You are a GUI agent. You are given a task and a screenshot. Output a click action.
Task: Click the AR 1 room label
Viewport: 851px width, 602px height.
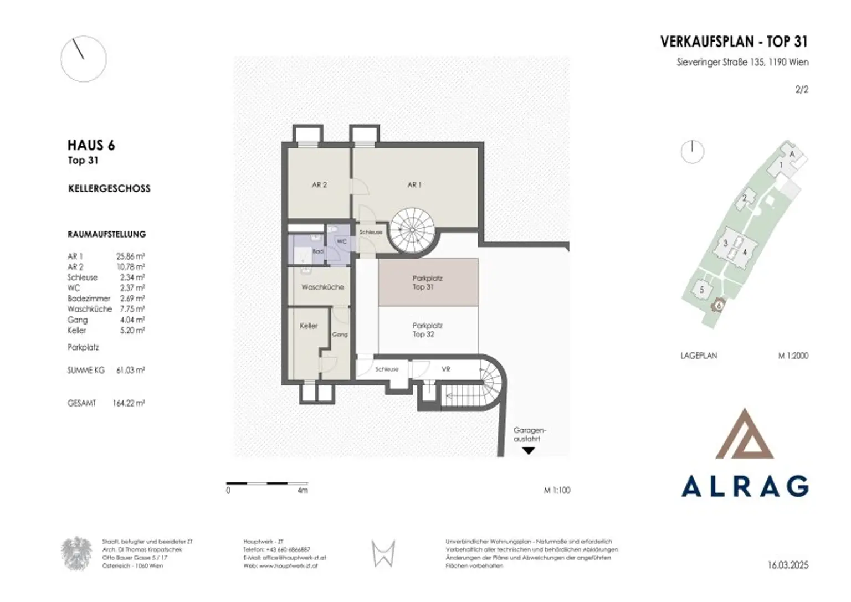[414, 185]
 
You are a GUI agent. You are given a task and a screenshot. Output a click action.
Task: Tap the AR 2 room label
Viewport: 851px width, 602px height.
[319, 185]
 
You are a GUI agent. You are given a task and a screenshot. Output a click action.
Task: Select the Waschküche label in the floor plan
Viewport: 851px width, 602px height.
[322, 287]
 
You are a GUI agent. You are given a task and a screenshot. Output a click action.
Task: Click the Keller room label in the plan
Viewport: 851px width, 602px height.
[309, 326]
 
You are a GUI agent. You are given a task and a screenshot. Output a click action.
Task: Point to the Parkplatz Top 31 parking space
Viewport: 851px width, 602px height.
[428, 282]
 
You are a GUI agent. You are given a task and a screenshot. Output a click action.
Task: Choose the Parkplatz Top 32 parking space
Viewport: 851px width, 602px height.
[428, 330]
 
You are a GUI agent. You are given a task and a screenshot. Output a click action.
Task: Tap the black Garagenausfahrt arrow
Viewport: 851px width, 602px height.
[529, 451]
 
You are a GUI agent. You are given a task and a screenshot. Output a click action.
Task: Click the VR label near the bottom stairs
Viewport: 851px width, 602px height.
[445, 369]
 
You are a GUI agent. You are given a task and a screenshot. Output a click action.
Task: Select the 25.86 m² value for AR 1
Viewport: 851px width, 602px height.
[131, 256]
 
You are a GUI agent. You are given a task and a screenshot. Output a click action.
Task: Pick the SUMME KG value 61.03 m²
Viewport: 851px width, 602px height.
[131, 370]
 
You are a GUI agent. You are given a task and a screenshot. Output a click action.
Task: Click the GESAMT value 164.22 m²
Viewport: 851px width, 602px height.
[129, 403]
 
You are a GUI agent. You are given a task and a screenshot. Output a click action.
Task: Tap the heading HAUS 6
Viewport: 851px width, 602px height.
[91, 145]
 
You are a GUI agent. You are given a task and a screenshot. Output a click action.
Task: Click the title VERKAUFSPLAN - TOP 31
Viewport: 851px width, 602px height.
[734, 42]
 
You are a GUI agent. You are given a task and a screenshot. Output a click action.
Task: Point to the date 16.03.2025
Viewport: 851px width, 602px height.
[788, 565]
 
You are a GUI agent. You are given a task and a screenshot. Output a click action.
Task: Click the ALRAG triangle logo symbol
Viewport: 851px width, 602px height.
[745, 435]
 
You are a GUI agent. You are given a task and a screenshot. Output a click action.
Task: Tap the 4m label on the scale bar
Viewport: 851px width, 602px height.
[303, 491]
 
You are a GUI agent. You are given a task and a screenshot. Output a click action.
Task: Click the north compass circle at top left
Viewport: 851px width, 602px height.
[83, 59]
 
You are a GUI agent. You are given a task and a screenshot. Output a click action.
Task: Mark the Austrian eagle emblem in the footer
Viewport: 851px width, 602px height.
[76, 554]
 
